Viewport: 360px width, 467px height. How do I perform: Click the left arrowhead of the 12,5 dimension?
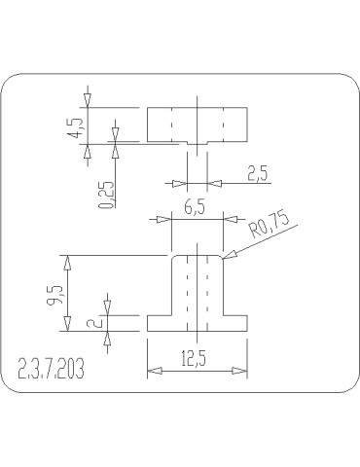152,370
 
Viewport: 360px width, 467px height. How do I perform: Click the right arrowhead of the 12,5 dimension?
242,370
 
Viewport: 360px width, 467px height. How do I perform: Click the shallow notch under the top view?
198,144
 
